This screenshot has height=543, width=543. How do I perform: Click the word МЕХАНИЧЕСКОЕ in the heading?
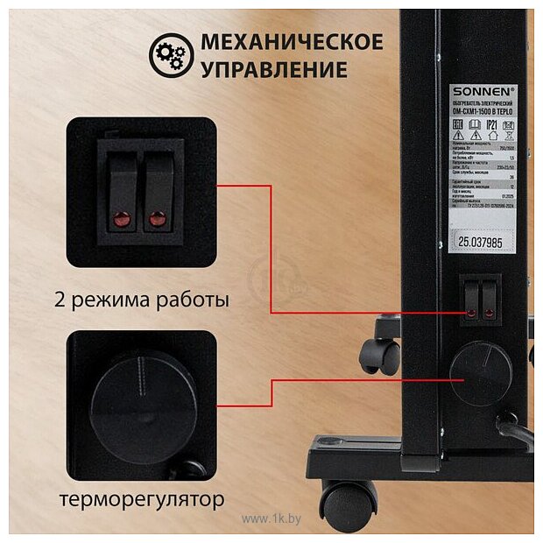pos(292,42)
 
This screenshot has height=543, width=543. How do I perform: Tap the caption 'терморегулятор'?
pos(142,500)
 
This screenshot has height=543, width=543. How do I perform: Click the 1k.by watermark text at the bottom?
pos(271,519)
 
